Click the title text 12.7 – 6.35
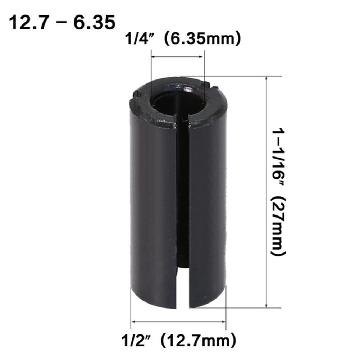[x=62, y=22]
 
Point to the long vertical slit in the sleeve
[x=183, y=201]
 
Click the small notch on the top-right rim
[x=212, y=86]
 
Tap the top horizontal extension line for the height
[x=234, y=76]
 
